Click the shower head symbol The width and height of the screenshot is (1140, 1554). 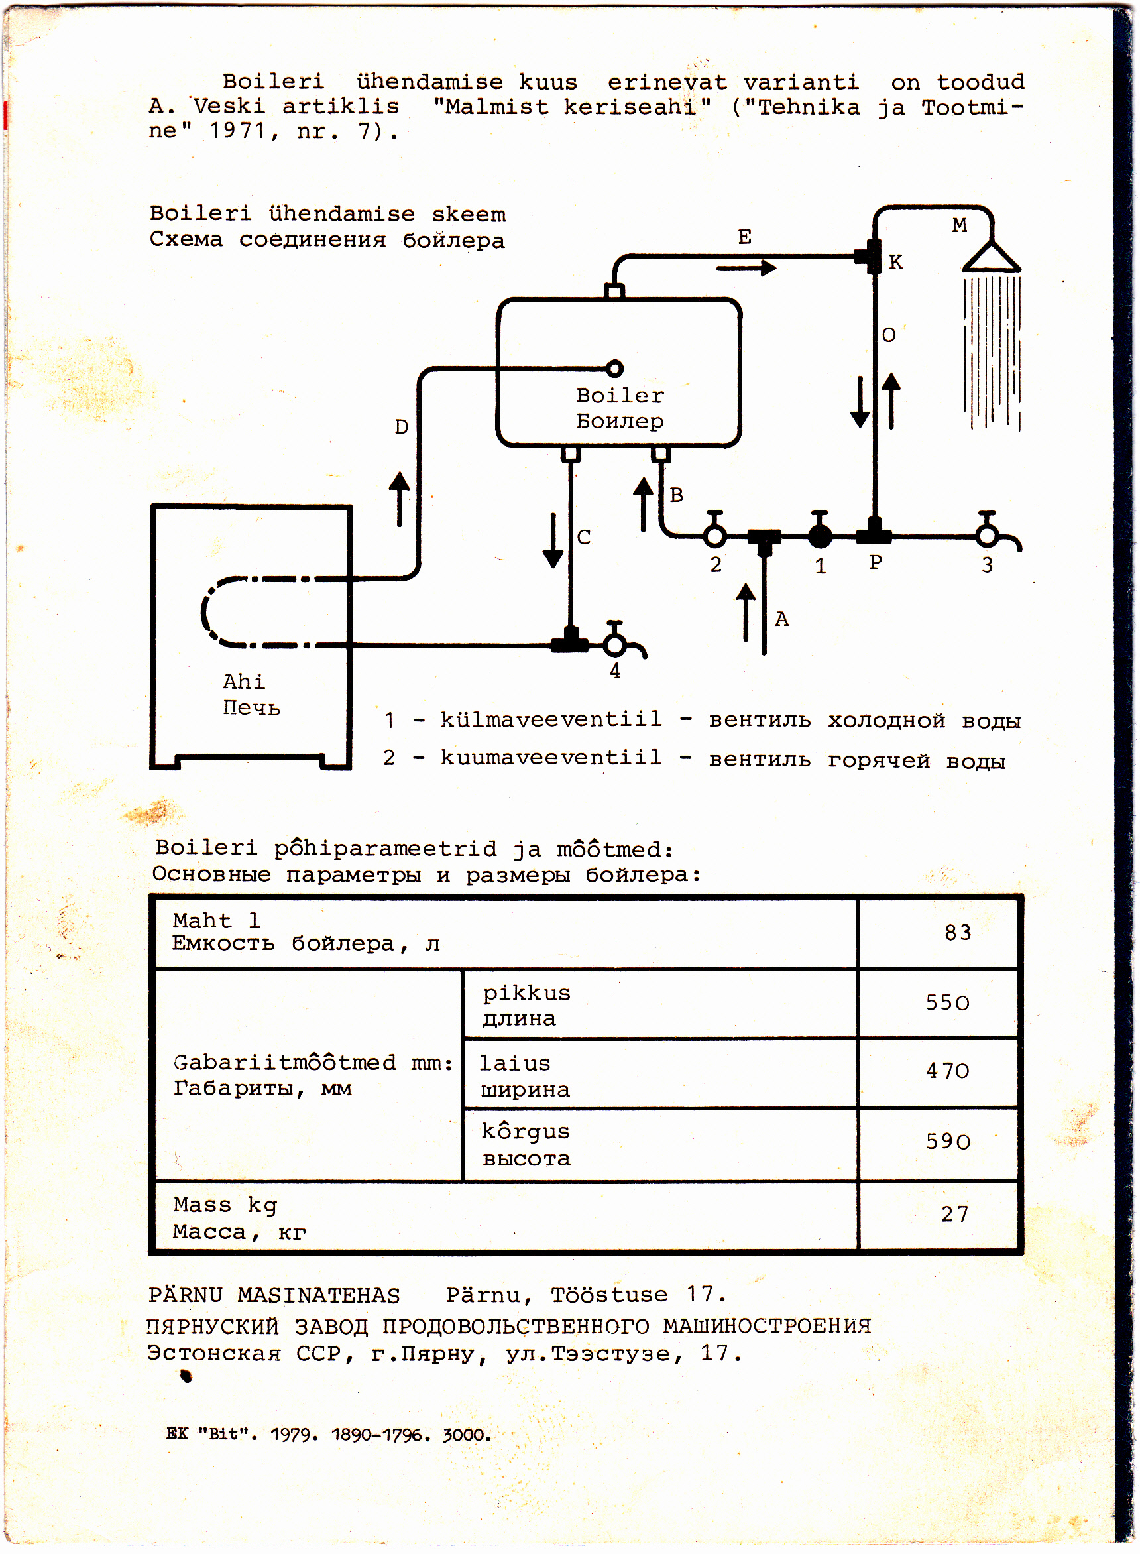click(991, 257)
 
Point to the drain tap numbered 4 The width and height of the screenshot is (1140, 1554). click(614, 644)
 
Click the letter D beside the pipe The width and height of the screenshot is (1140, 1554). click(401, 427)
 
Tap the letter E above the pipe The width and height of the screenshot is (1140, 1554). click(744, 237)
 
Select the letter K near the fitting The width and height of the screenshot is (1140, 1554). click(895, 263)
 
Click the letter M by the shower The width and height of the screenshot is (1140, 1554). click(959, 225)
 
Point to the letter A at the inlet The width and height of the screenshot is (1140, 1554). click(781, 619)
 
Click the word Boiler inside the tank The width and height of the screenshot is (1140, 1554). click(620, 395)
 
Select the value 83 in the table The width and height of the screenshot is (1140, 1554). click(957, 933)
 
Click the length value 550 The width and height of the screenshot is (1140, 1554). click(948, 1002)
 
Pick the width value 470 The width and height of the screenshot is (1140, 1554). click(948, 1071)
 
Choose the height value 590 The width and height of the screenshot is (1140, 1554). click(948, 1142)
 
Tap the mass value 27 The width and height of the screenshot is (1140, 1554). click(954, 1214)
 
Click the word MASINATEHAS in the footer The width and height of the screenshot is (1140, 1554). click(319, 1296)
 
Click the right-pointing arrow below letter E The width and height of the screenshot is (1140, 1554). click(747, 268)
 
